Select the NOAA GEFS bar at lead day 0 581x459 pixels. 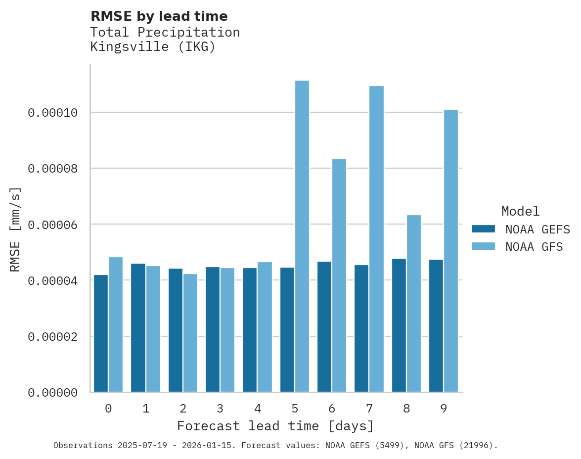pos(101,333)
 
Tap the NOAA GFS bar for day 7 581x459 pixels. pos(377,239)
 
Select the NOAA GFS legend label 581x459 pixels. pos(534,247)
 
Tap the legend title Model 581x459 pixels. pos(520,211)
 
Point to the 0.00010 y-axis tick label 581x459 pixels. pos(53,113)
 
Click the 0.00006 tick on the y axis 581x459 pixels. pos(53,225)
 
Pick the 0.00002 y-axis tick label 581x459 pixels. pos(53,337)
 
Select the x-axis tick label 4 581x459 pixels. pos(258,409)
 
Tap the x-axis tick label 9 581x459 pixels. pos(444,409)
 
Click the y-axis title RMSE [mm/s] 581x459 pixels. pos(15,229)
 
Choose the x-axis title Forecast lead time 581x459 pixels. pos(275,426)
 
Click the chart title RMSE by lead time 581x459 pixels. pos(159,16)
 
